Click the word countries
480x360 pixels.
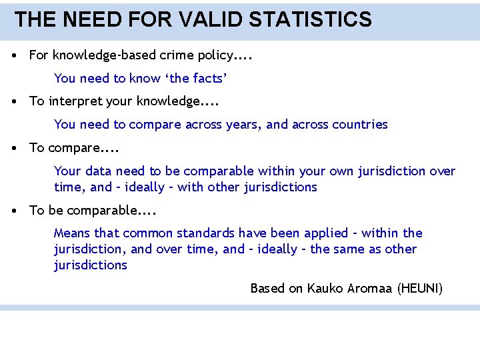click(360, 125)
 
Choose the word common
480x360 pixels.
click(149, 233)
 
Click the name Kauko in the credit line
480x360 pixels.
click(325, 289)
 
